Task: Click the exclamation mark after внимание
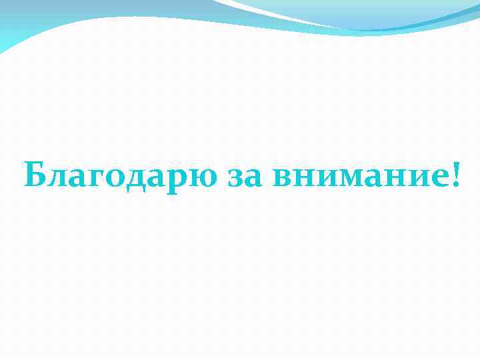click(x=455, y=173)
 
